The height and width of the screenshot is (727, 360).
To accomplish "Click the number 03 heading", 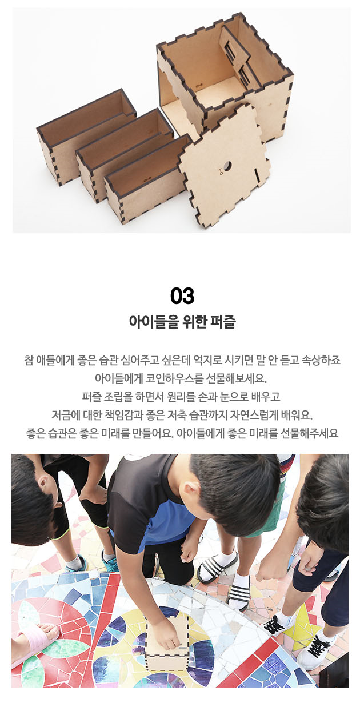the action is pyautogui.click(x=182, y=295).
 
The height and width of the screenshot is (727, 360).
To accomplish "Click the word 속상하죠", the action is pyautogui.click(x=321, y=360).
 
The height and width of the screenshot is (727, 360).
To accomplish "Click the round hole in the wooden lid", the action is pyautogui.click(x=227, y=166).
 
